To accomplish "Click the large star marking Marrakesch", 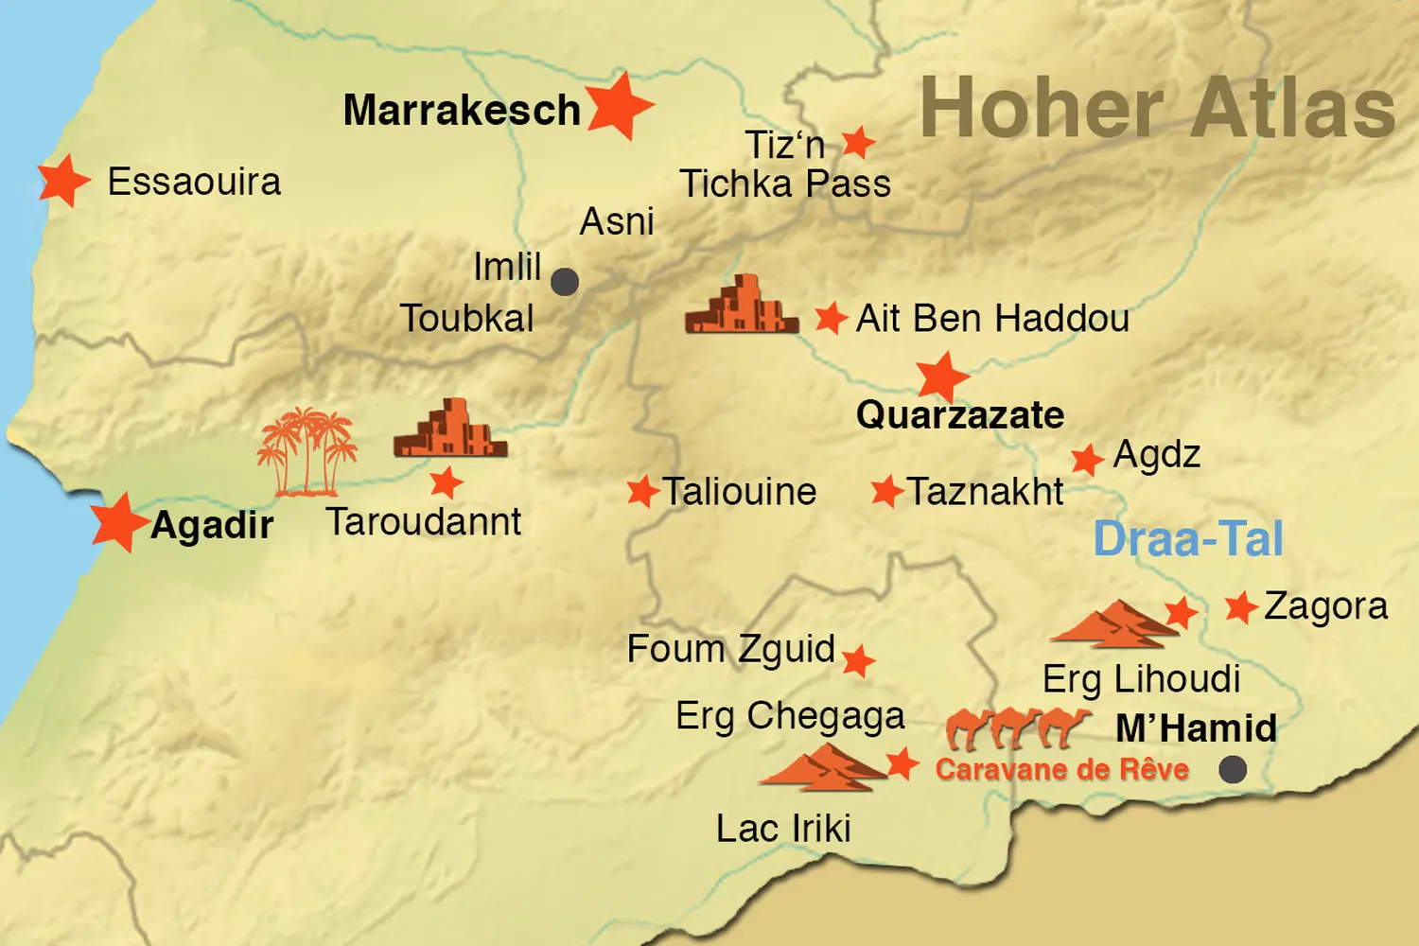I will pos(619,106).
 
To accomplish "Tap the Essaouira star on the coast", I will pos(63,180).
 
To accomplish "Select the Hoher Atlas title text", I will pos(1157,109).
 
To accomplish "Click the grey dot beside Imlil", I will pos(565,281).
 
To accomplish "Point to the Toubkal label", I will pos(466,319).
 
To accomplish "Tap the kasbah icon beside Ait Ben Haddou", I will pos(741,306).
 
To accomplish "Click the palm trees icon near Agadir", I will pos(307,452).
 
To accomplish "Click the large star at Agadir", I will pos(119,521).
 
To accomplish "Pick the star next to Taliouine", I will pos(642,491).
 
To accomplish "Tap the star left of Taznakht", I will pos(886,491).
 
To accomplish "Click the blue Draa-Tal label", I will pos(1188,539).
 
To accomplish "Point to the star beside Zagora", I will pos(1240,606).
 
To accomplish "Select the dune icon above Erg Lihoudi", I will pos(1114,624).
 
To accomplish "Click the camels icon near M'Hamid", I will pos(1018,727).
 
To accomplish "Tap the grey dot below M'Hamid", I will pos(1232,769).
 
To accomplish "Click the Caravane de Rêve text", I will pos(1061,769).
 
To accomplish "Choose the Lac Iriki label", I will pos(783,829).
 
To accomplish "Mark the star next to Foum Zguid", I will pos(858,660).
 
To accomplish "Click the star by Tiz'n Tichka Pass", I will pos(858,143).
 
